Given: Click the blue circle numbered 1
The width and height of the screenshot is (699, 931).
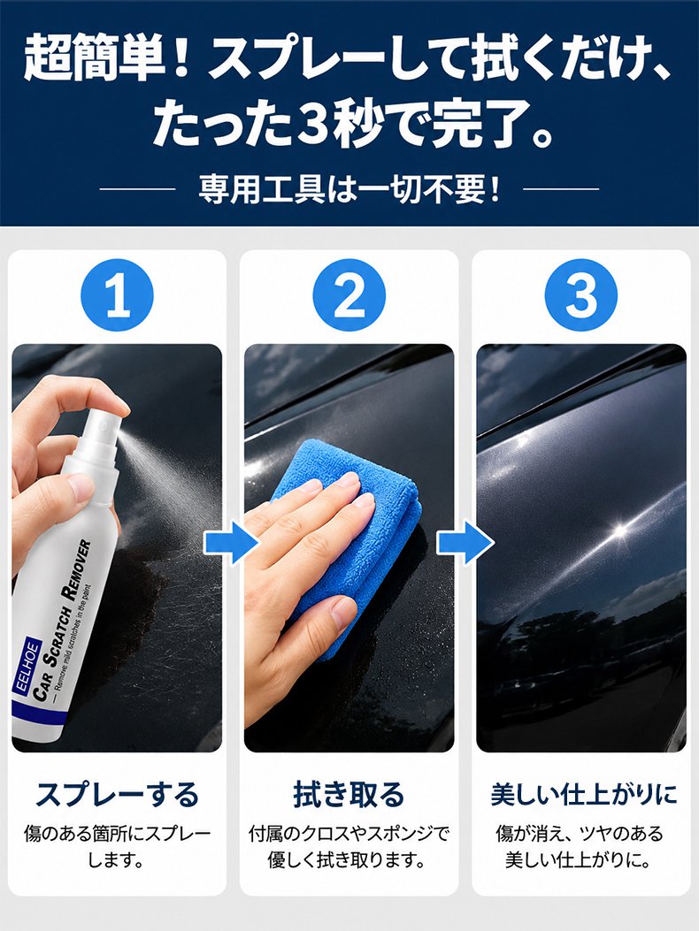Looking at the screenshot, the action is [117, 295].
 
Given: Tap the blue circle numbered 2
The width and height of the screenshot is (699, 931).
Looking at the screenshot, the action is [349, 295].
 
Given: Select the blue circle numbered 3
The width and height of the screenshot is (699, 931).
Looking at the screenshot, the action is [580, 295].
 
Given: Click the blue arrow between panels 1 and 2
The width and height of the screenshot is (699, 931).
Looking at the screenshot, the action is [231, 542].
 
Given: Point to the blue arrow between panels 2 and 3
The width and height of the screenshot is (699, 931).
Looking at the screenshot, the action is [465, 542].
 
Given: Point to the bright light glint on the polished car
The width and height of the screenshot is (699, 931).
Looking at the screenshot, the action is [620, 530].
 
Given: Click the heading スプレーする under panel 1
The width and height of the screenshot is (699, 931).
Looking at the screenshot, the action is [117, 795].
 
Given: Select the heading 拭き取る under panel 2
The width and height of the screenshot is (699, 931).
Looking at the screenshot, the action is [349, 795].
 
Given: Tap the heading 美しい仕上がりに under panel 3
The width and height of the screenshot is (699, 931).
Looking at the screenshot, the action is [584, 795].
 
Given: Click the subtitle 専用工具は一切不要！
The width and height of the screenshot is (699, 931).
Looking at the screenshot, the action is [350, 190].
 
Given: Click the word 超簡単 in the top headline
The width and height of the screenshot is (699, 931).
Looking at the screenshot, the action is [93, 58].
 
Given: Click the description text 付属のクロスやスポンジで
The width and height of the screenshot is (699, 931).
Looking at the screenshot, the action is [349, 834].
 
